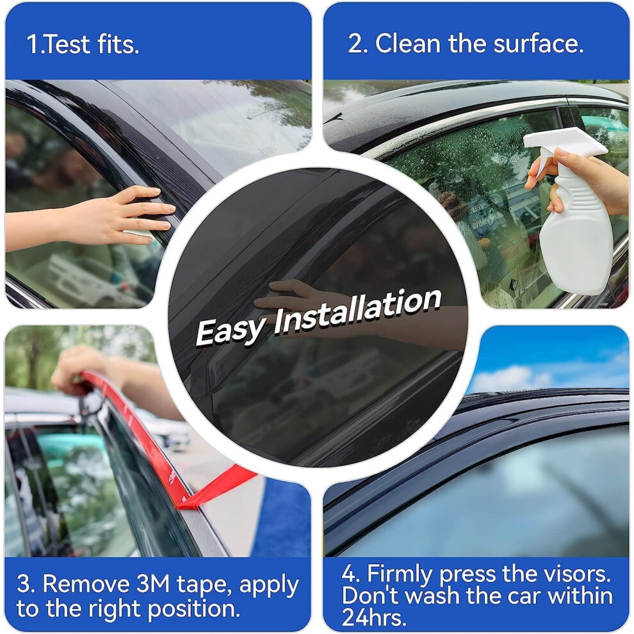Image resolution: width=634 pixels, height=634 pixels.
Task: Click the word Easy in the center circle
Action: coord(231,330)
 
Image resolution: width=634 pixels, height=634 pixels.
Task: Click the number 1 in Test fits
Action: coord(32,44)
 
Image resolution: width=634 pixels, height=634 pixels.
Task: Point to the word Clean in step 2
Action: coord(408,44)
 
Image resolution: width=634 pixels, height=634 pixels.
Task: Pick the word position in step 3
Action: coord(191,609)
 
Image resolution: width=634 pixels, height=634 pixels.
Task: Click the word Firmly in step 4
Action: coord(400,574)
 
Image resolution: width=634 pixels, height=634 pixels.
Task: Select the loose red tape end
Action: coord(218,487)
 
